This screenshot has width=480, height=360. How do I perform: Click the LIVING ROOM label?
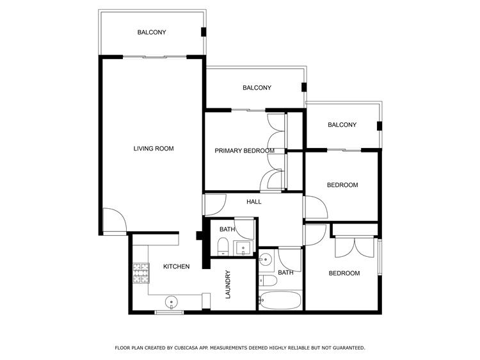point(154,149)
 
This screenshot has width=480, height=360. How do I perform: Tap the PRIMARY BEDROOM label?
point(244,151)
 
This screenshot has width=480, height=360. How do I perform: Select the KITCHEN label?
point(177,266)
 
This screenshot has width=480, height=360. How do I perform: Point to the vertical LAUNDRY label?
point(228,284)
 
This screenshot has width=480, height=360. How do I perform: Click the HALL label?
point(254,202)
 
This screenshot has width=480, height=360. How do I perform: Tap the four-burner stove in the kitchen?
point(141,273)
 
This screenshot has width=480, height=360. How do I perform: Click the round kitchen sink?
point(171,303)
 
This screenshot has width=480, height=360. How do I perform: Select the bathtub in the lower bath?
point(280,300)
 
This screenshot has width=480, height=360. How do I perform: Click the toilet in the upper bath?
point(223,247)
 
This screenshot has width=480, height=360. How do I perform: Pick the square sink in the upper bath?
point(243,248)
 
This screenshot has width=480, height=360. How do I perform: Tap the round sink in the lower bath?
point(266,260)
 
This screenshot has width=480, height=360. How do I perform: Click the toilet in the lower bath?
point(268,281)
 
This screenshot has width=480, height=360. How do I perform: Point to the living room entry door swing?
point(115,220)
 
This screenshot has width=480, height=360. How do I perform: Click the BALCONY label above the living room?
point(152,32)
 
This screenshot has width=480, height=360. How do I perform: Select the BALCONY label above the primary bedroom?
point(257,88)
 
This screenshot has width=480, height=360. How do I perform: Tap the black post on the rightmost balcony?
point(380,126)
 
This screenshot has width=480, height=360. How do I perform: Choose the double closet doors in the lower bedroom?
point(355,247)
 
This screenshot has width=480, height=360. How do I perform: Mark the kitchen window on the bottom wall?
point(169,312)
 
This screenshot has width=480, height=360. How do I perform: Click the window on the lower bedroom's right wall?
point(380,257)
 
